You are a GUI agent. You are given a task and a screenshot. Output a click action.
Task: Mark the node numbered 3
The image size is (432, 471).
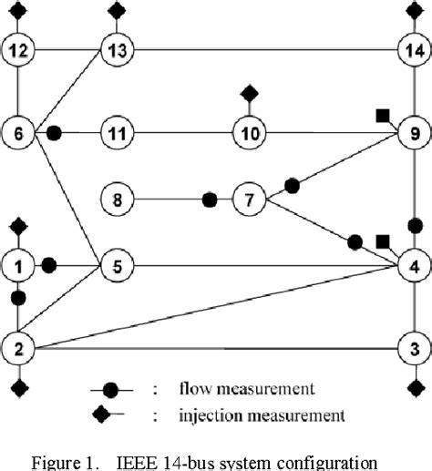click(x=414, y=348)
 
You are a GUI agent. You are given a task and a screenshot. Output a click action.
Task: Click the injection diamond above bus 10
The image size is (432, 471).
click(x=248, y=93)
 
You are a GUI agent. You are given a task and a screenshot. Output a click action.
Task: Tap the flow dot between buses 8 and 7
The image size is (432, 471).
click(x=210, y=197)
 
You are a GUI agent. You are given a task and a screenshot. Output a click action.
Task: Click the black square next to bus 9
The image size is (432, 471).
click(x=383, y=115)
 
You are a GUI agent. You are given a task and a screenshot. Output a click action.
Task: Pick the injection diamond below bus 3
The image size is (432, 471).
click(x=414, y=389)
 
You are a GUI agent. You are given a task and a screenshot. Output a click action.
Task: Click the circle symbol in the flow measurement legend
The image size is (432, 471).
click(x=109, y=389)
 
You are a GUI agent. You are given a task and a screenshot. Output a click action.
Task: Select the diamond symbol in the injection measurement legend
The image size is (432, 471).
click(x=109, y=416)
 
